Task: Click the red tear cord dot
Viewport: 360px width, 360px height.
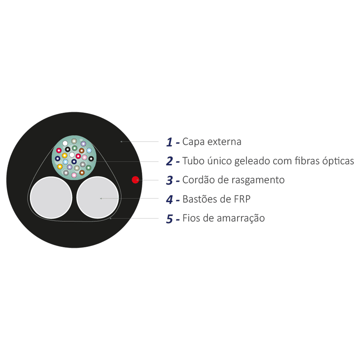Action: (135, 180)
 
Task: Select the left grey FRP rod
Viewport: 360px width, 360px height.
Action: (51, 197)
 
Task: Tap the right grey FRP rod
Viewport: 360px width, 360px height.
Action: (98, 197)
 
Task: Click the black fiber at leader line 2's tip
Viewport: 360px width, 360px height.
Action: (91, 159)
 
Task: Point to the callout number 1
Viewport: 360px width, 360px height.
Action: (169, 142)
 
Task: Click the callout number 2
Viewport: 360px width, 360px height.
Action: (169, 161)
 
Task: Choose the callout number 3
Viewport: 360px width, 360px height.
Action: (169, 180)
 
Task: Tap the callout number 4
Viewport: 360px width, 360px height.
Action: (169, 200)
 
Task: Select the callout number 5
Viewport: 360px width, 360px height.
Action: (169, 219)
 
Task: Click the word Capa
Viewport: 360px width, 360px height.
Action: (194, 142)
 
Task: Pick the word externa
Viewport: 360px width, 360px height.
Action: (224, 142)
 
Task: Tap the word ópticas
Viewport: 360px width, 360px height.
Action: (338, 161)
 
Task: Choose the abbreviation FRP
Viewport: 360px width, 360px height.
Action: (242, 199)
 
